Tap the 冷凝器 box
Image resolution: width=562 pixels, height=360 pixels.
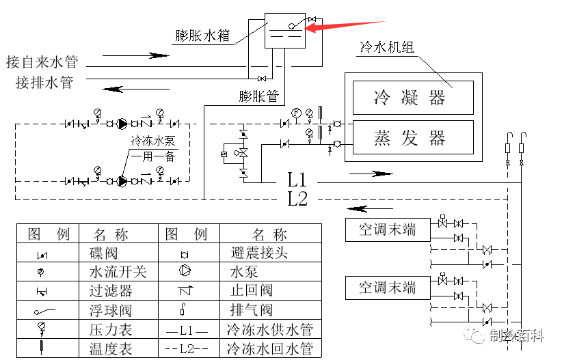click(412, 97)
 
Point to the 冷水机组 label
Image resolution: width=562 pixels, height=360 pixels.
click(387, 49)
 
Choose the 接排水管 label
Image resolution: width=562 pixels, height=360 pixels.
click(45, 83)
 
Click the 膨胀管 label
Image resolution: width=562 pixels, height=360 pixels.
click(259, 96)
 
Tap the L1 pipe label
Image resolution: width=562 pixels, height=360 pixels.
click(297, 180)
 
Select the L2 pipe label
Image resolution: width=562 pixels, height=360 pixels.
click(297, 199)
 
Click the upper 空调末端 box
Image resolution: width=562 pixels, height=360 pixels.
click(387, 228)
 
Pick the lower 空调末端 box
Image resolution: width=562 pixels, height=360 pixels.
click(387, 287)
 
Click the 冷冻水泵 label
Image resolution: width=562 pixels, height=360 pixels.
click(153, 141)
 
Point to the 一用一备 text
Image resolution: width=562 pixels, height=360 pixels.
click(153, 156)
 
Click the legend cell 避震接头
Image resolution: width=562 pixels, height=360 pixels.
click(259, 253)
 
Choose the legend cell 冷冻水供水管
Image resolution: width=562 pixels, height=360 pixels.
click(269, 329)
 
